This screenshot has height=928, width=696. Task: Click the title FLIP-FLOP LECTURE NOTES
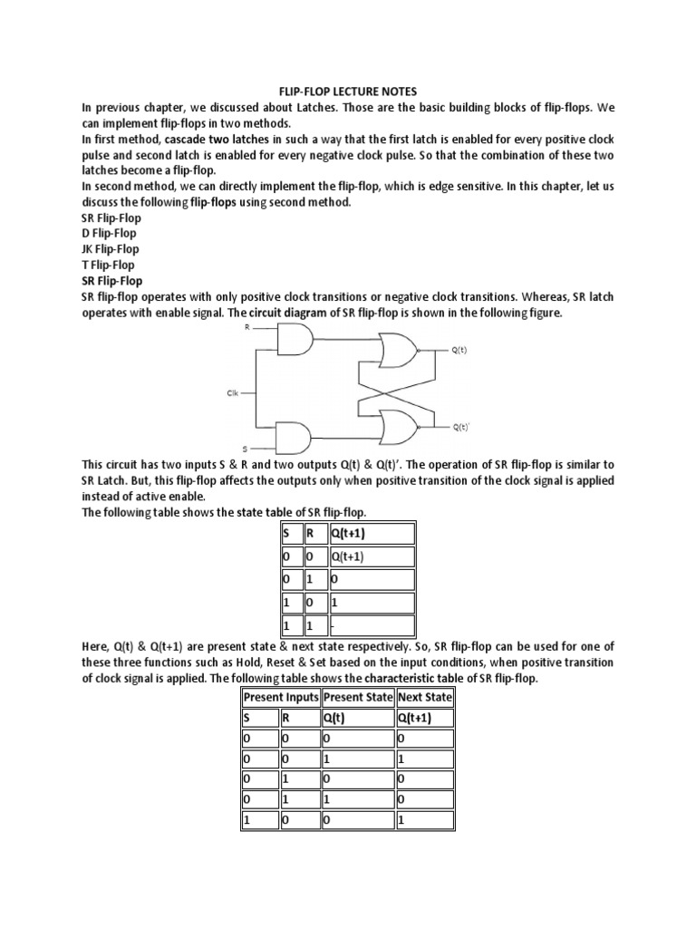click(x=347, y=92)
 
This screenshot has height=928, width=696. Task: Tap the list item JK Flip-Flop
click(x=110, y=249)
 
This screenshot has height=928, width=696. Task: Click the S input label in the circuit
click(x=244, y=448)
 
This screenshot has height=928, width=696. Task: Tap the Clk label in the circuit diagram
click(x=233, y=393)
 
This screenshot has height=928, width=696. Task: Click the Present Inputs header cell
click(x=280, y=697)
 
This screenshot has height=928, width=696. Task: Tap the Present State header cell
click(x=358, y=697)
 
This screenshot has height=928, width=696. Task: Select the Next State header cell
click(x=425, y=697)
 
